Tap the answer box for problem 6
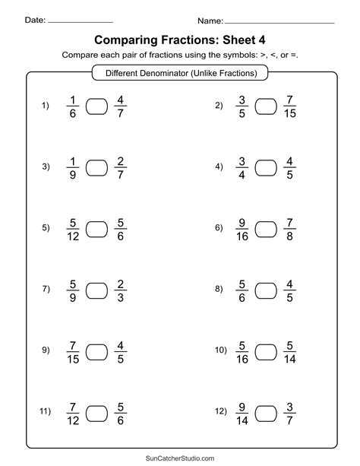[x=267, y=228]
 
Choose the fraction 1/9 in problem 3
[x=71, y=167]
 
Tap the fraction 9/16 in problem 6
[x=242, y=228]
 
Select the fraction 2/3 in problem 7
[x=120, y=289]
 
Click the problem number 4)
[x=219, y=166]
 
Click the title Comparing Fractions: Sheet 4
[x=180, y=39]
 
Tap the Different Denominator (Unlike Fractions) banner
[x=180, y=74]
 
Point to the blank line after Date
[x=81, y=21]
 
